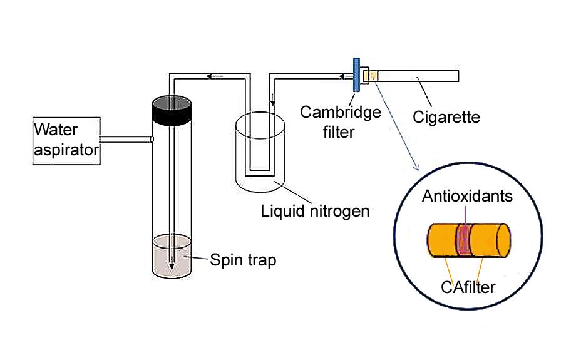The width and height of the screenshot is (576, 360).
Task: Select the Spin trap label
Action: (242, 259)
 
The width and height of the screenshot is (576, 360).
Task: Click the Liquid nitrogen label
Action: (315, 210)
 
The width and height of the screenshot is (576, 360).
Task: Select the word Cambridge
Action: (341, 112)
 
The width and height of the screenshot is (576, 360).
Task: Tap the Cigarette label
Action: (446, 116)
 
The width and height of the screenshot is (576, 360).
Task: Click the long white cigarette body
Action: (419, 76)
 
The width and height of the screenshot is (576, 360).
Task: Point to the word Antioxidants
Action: (467, 196)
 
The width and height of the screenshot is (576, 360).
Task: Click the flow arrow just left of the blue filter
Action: (346, 76)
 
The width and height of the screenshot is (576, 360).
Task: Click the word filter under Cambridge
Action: (340, 132)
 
